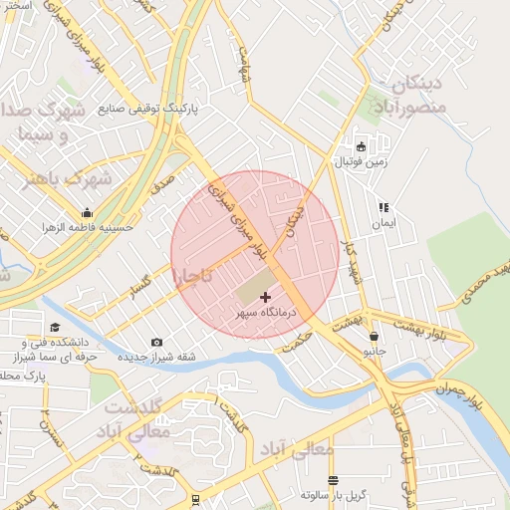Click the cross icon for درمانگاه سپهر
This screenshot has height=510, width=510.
[x=266, y=297]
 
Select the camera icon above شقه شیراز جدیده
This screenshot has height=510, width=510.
[x=157, y=343]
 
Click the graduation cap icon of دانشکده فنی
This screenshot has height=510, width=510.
[x=55, y=328]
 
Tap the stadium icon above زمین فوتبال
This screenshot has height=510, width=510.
[x=361, y=145]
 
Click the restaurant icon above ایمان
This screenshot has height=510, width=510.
[x=383, y=208]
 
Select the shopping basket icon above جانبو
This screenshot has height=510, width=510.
[x=374, y=337]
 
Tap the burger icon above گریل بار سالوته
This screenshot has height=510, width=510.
[x=333, y=479]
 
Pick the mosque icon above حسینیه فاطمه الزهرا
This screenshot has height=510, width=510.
[x=88, y=212]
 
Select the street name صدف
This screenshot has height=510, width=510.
[x=162, y=183]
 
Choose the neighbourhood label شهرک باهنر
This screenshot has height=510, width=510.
[x=69, y=180]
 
